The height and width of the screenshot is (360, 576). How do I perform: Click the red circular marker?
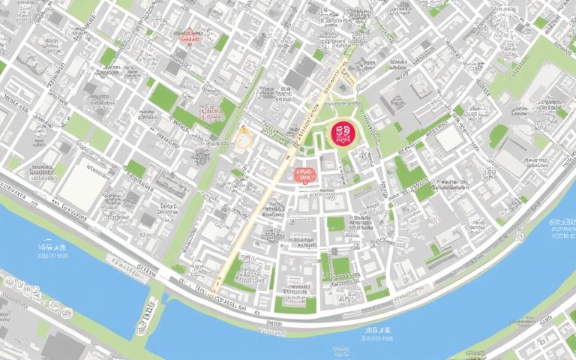pyautogui.click(x=343, y=134)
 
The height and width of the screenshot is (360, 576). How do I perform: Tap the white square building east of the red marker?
pyautogui.click(x=450, y=138)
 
